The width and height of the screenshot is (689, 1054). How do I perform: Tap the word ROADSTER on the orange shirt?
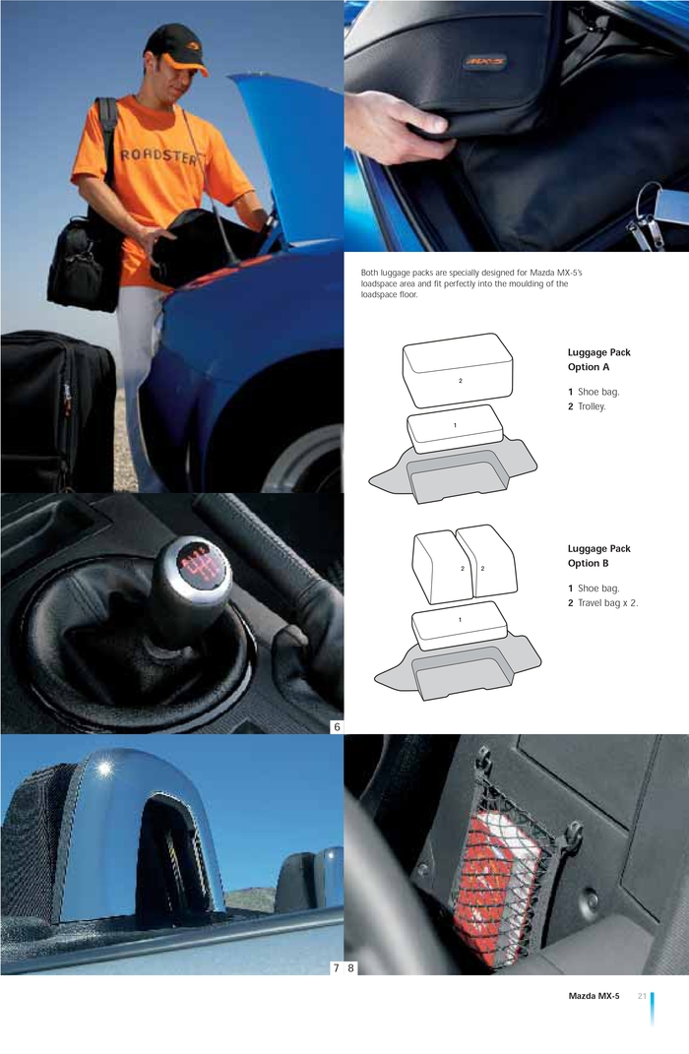point(158,156)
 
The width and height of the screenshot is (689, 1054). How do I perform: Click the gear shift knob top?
point(198,564)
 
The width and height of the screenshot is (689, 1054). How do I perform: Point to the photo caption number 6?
point(337,726)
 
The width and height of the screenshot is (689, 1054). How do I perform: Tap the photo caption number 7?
point(336,968)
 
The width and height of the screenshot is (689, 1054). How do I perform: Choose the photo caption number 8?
point(350,968)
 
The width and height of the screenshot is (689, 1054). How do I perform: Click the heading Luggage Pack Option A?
point(598,359)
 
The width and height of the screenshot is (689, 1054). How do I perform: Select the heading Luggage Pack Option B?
point(598,556)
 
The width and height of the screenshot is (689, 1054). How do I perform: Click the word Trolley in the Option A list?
point(592,406)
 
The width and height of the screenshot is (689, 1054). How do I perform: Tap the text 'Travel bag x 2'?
point(607,603)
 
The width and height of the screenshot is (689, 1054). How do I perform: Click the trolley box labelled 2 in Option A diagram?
point(458,370)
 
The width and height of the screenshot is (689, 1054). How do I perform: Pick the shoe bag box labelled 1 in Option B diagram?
point(460,626)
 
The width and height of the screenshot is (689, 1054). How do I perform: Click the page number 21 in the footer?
point(642,996)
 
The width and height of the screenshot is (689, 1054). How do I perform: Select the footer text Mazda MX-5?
point(594,996)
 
